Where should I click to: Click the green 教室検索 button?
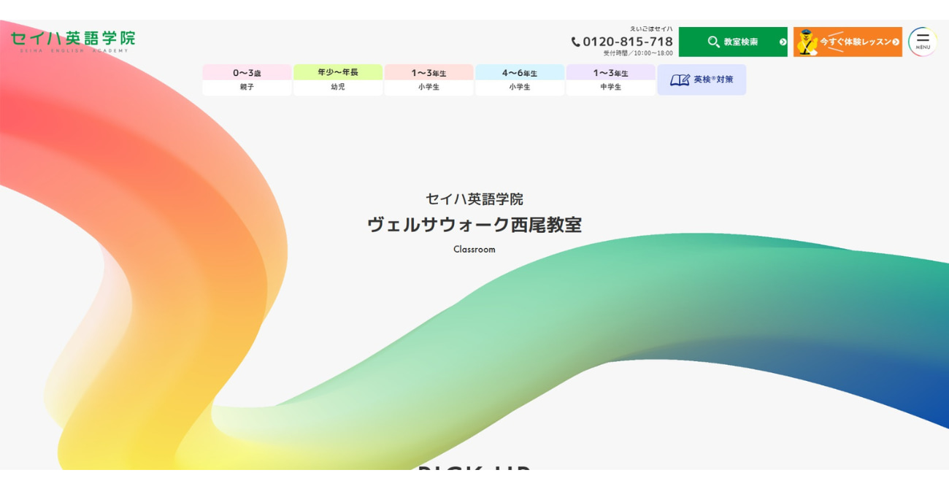click(x=733, y=42)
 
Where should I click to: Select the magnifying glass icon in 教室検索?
click(x=713, y=42)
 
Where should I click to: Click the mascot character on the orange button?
click(x=806, y=42)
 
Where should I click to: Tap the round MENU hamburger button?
click(x=923, y=42)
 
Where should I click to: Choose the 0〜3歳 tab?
click(x=247, y=73)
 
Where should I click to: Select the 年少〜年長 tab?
click(x=338, y=72)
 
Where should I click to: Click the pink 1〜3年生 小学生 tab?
click(x=429, y=73)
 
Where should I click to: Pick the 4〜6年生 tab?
click(x=519, y=73)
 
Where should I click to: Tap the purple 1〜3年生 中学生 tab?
click(x=610, y=73)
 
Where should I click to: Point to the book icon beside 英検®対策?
click(x=680, y=80)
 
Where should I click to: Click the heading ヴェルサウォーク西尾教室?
click(x=474, y=225)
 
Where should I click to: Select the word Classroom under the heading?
click(x=474, y=250)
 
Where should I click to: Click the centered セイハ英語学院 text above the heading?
click(x=474, y=199)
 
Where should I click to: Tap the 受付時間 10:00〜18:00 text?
click(x=637, y=53)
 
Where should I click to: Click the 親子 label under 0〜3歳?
click(x=247, y=87)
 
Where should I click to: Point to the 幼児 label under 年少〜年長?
click(x=338, y=87)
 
